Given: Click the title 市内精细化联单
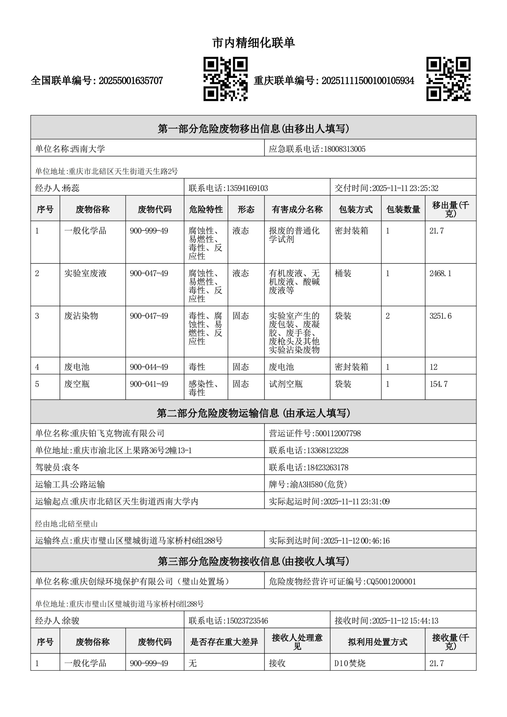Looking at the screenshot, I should point(253,43).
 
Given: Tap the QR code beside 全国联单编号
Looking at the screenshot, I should point(225,79).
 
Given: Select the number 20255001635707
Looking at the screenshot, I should point(130,81).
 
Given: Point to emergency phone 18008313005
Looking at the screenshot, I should point(344,149).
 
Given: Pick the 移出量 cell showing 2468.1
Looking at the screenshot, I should point(440,274).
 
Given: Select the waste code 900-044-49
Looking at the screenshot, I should point(149,367).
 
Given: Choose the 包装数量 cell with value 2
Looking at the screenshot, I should point(387,316).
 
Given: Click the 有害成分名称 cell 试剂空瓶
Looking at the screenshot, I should point(285,384).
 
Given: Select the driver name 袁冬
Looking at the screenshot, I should point(71,468).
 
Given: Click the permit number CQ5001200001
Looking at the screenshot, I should point(391,581).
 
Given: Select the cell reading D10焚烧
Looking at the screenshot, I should point(350,663).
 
